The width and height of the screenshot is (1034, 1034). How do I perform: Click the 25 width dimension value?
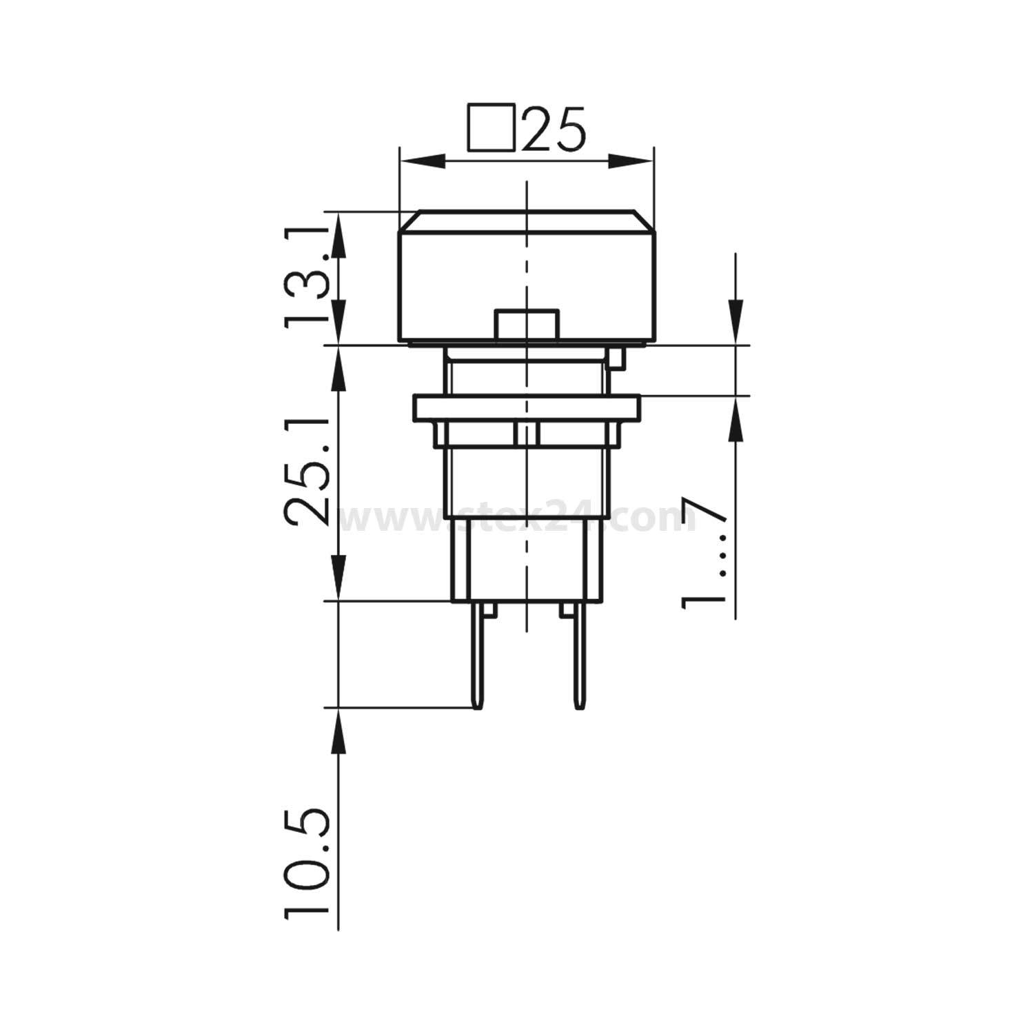pyautogui.click(x=554, y=129)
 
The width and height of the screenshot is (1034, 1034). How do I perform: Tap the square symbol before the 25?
pyautogui.click(x=491, y=127)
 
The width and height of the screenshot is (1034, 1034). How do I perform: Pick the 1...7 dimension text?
pyautogui.click(x=703, y=551)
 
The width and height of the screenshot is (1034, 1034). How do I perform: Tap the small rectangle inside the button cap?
pyautogui.click(x=526, y=325)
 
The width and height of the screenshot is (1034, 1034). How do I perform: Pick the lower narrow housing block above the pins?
pyautogui.click(x=526, y=560)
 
